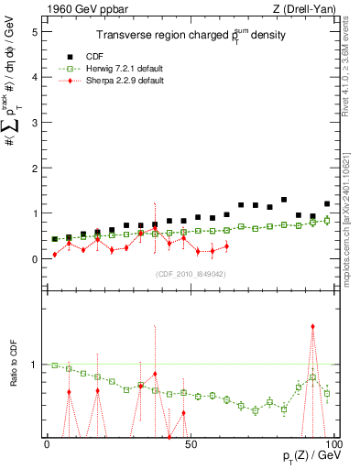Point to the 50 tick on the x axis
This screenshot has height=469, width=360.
(190, 444)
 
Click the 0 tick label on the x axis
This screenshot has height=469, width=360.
(48, 444)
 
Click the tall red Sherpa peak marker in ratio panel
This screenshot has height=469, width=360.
(313, 326)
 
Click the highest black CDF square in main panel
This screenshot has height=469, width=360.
(284, 200)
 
